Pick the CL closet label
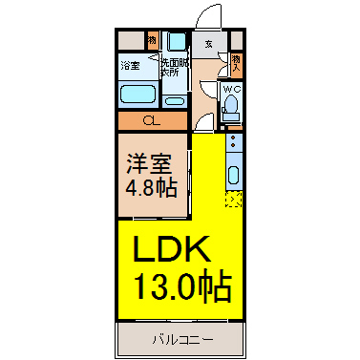point(152,121)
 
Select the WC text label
point(232,91)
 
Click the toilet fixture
point(231,110)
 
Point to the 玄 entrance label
point(208,44)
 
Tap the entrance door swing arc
point(211,19)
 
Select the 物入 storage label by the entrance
point(237,63)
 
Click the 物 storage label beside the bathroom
point(152,40)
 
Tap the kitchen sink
point(234,176)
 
